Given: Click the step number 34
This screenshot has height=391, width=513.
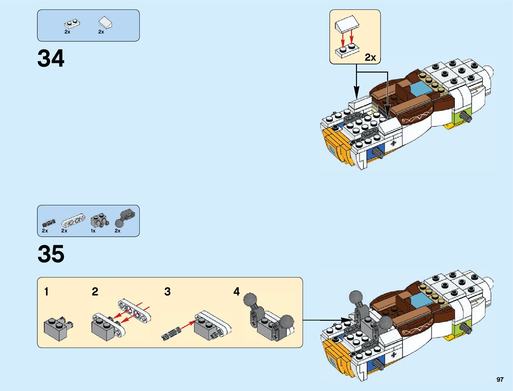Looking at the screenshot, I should (51, 59).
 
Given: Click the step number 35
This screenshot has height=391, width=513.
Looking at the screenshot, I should (51, 254).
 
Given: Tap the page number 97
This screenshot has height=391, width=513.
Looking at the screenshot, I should (500, 380).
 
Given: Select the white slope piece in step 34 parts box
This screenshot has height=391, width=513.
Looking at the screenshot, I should (106, 23).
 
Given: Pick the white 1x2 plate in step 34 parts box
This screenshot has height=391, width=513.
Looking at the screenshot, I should (72, 24).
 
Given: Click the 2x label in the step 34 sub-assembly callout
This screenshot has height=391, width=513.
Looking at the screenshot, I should (370, 57).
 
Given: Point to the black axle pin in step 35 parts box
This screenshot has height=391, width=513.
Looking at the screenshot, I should (49, 223).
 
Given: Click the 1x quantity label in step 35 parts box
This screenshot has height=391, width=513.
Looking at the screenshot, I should (93, 231).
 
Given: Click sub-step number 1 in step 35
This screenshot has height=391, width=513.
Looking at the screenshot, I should (46, 292).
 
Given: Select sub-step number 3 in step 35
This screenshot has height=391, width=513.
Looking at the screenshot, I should (167, 292).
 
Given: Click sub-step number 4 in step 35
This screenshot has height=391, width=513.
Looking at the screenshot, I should (236, 292).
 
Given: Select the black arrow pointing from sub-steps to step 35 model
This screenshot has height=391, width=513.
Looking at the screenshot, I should (328, 320).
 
